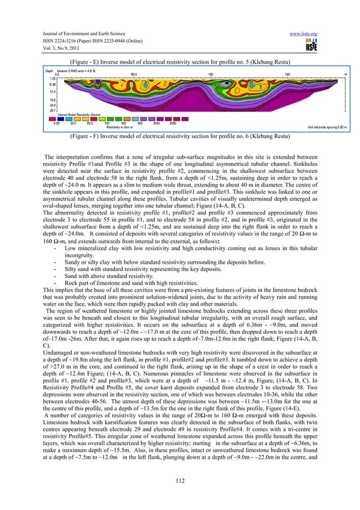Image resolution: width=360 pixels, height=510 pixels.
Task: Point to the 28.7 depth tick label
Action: pyautogui.click(x=52, y=111)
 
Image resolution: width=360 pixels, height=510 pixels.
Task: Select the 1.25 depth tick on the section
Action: pyautogui.click(x=53, y=79)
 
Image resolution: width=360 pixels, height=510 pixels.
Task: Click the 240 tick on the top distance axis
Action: pyautogui.click(x=287, y=74)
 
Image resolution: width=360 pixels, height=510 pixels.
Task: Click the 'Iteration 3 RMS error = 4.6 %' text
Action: pyautogui.click(x=76, y=71)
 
